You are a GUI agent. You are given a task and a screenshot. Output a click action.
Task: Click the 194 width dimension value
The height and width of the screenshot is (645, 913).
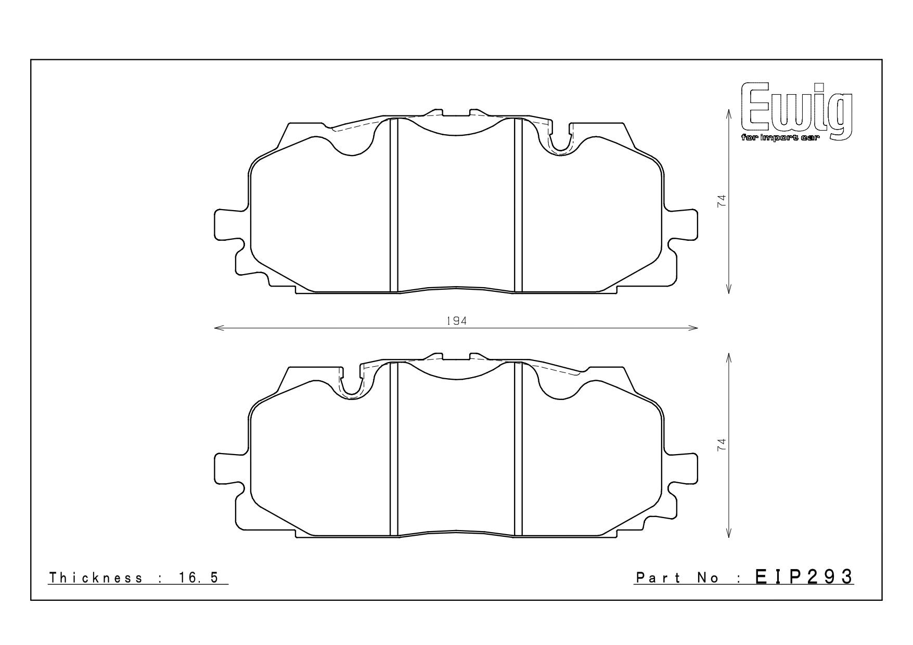456,321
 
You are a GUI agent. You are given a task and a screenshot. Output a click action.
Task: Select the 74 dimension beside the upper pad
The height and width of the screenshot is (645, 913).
722,201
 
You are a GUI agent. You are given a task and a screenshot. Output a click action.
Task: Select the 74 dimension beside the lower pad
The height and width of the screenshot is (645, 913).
722,445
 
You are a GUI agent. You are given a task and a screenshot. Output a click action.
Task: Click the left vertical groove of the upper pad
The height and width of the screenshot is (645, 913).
393,205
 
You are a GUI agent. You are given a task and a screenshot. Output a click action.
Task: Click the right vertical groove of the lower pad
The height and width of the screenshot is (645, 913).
518,448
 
